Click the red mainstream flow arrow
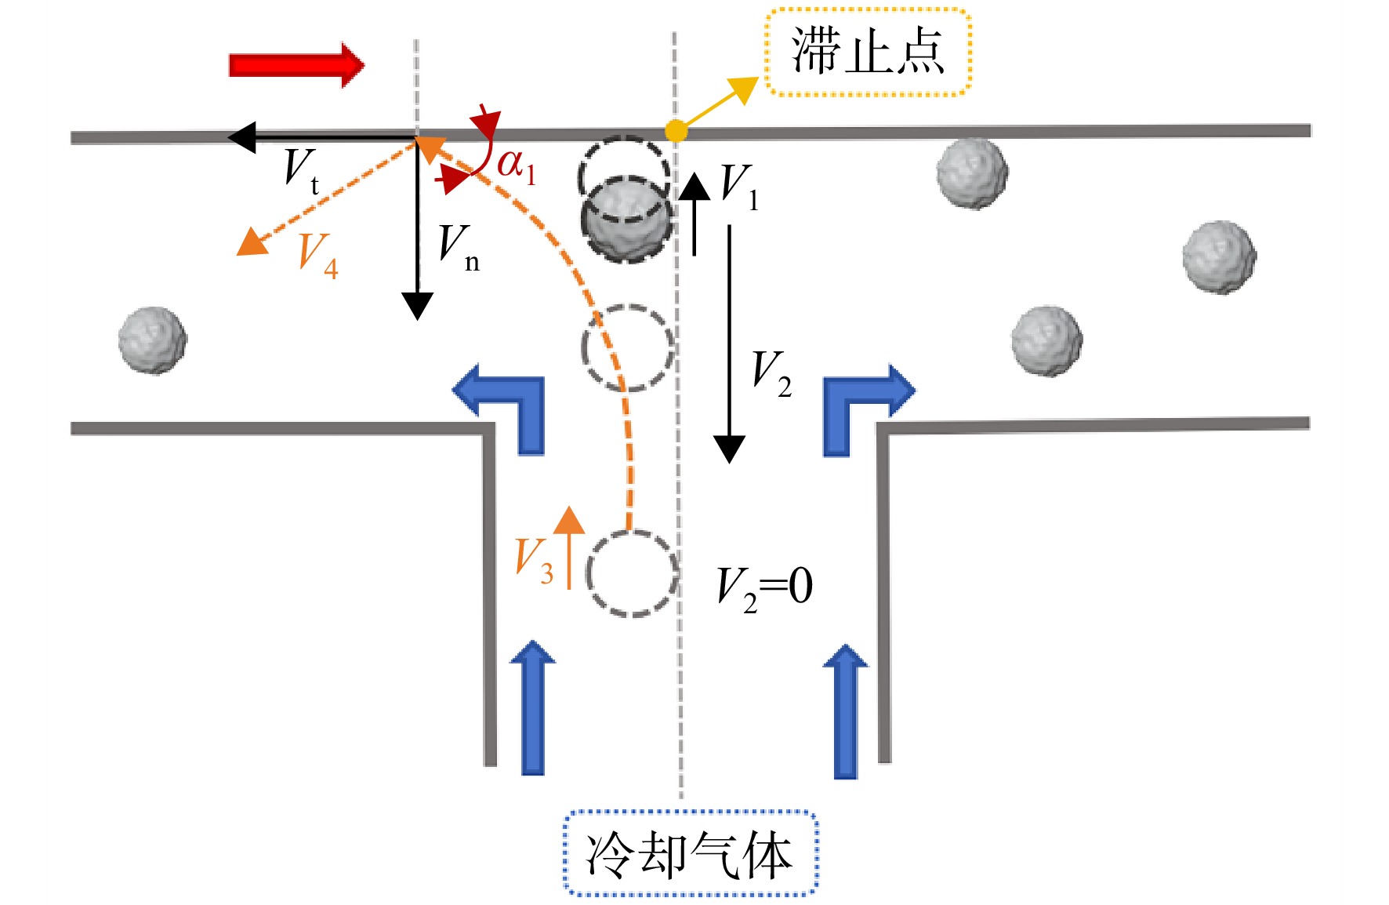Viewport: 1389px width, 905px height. (x=296, y=65)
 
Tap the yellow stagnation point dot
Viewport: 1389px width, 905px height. (x=676, y=131)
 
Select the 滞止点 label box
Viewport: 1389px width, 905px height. (x=869, y=52)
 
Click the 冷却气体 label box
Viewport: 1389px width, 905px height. (x=691, y=853)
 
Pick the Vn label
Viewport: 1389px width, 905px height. (x=459, y=247)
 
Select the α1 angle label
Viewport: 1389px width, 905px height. (x=517, y=166)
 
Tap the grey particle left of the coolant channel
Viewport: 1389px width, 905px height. (x=153, y=340)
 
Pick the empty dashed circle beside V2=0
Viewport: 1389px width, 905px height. (x=633, y=574)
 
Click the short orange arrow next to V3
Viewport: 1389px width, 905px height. (x=568, y=547)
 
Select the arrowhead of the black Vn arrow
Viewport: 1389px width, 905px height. (x=417, y=306)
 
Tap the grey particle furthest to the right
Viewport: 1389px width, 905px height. (x=1219, y=257)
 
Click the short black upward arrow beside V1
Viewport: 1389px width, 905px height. (x=694, y=213)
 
